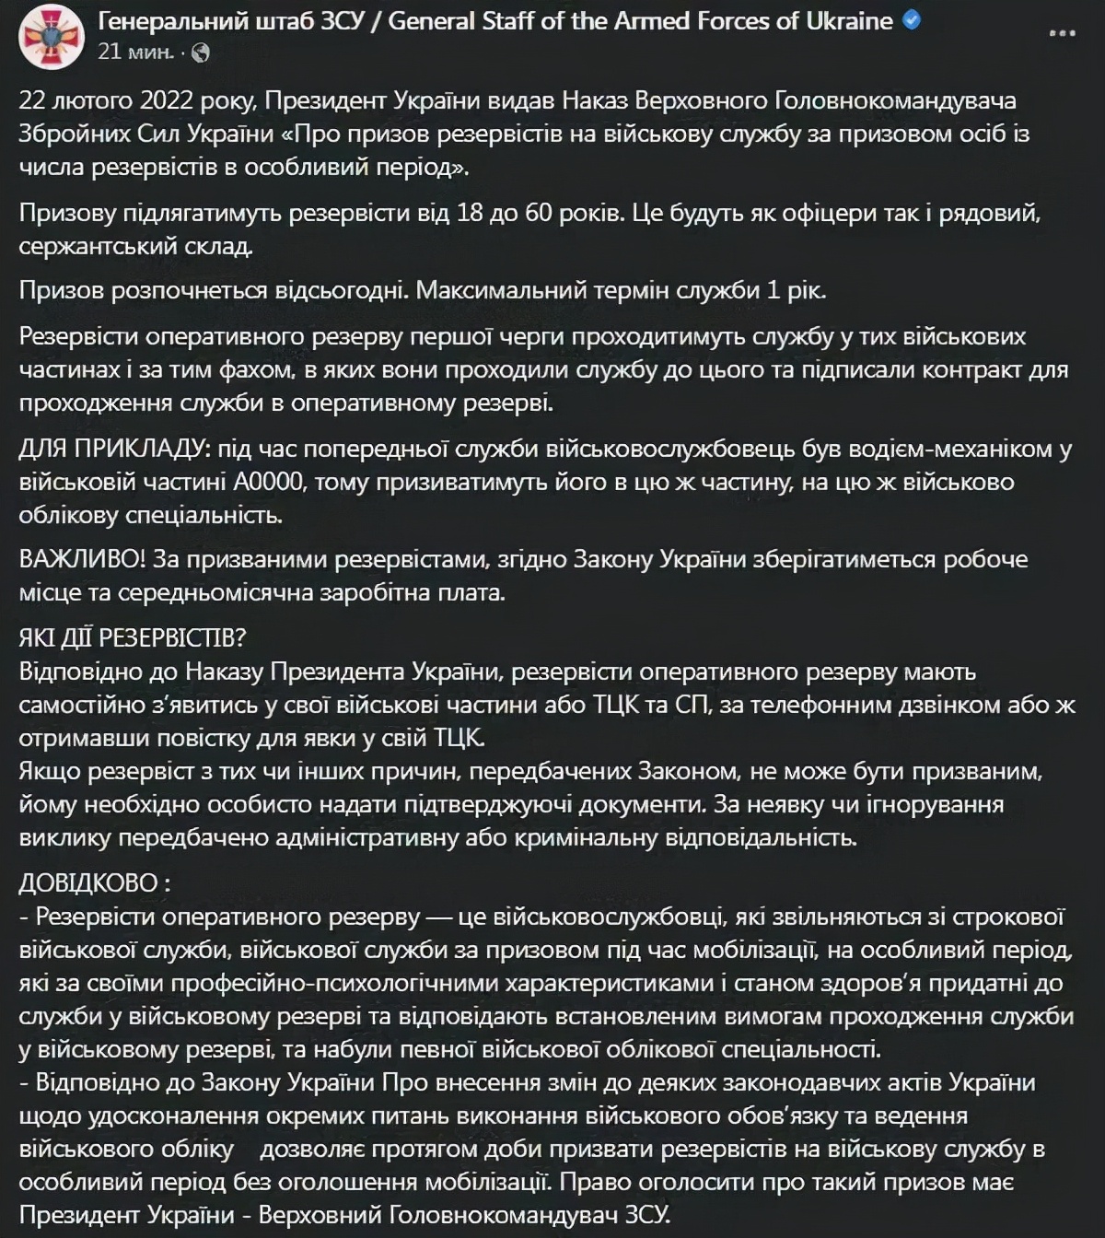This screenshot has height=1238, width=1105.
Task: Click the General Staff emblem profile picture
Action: (52, 37)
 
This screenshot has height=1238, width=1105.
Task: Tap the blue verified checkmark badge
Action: (912, 20)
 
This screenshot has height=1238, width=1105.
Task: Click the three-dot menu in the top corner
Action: (1062, 34)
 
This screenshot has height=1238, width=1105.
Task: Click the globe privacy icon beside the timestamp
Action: (199, 53)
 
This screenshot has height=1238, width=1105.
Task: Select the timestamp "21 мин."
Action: (135, 53)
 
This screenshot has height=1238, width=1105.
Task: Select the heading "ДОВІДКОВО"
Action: (88, 883)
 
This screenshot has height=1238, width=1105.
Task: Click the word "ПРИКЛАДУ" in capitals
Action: (146, 449)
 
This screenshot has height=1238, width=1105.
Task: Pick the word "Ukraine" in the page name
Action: (850, 20)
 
